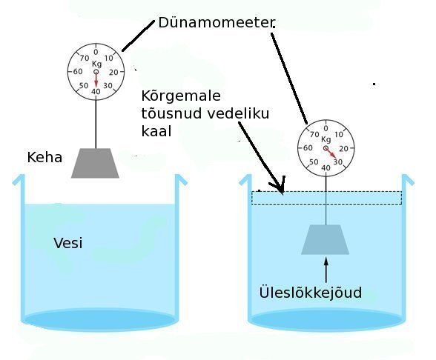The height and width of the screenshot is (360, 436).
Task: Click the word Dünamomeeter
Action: [x=217, y=22]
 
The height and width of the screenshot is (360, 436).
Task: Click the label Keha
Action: [x=44, y=158]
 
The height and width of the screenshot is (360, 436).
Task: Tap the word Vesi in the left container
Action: [x=68, y=243]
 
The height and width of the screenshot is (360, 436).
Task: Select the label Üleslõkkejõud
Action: [x=311, y=292]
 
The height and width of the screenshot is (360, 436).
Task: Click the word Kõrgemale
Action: [x=181, y=96]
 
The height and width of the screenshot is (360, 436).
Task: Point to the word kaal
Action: [x=156, y=131]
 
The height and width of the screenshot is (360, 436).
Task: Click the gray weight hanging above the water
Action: [x=95, y=163]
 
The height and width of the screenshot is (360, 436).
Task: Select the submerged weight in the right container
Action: [x=326, y=239]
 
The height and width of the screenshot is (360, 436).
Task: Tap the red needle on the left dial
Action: [x=96, y=79]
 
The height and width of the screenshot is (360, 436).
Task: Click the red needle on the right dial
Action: [x=331, y=153]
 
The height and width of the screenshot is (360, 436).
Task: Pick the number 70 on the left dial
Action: [x=85, y=58]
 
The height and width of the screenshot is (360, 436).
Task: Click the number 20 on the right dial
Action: [x=344, y=149]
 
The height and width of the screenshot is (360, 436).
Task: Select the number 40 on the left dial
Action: [x=96, y=91]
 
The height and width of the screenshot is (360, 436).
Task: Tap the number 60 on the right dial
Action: [x=308, y=148]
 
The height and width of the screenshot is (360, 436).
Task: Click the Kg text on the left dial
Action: [x=96, y=64]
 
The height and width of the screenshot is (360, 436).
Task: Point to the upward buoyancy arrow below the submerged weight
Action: [x=326, y=270]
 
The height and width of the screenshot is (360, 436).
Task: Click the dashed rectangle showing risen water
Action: [x=327, y=192]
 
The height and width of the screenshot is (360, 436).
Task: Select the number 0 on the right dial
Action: [x=326, y=128]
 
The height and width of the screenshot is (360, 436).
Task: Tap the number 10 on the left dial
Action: [x=108, y=58]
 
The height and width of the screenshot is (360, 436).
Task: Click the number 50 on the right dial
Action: [x=314, y=161]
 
